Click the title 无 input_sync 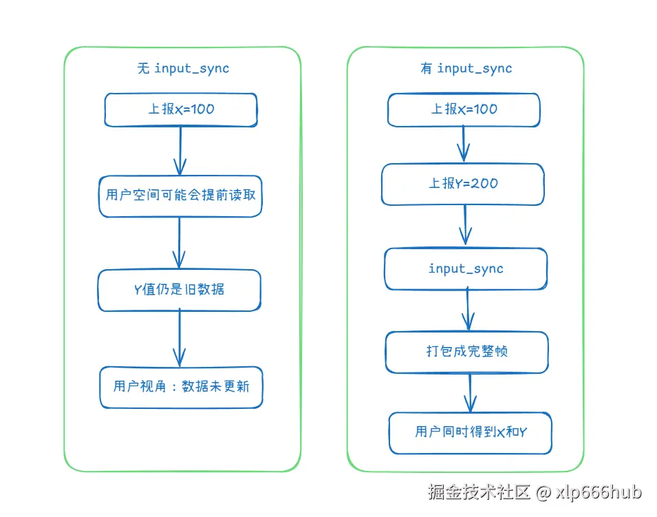click(182, 68)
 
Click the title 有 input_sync click(466, 68)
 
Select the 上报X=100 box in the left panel click(180, 110)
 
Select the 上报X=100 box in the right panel click(464, 110)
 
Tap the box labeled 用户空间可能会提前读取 click(180, 196)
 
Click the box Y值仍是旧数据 click(179, 290)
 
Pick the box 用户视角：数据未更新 click(181, 387)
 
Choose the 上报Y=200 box click(463, 184)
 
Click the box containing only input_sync click(466, 269)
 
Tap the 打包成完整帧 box click(466, 352)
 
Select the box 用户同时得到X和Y click(471, 432)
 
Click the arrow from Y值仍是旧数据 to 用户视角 click(180, 337)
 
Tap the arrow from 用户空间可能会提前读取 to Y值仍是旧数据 click(179, 242)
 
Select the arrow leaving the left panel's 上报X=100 click(180, 151)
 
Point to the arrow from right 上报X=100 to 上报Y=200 click(464, 144)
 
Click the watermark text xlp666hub click(599, 492)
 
